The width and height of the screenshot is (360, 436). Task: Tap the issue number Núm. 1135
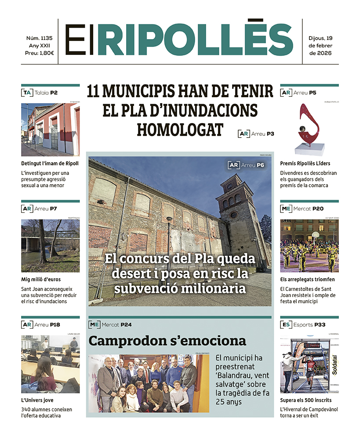click(x=39, y=38)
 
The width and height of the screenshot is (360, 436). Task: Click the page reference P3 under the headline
click(x=270, y=134)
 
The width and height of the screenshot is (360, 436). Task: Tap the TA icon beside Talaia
click(x=26, y=93)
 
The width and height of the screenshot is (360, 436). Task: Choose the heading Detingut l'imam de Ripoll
click(x=50, y=163)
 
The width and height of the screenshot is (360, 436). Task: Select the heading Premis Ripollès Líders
click(x=305, y=163)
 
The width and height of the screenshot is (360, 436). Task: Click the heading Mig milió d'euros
click(x=41, y=279)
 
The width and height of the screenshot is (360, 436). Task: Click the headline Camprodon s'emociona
click(x=167, y=341)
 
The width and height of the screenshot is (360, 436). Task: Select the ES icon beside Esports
click(x=286, y=325)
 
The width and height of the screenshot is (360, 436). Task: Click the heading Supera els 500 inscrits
click(x=306, y=400)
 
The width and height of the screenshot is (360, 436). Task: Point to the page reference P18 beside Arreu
click(x=55, y=325)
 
